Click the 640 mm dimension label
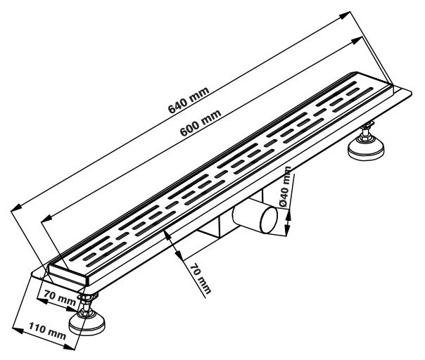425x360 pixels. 189,100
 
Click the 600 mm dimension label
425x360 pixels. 201,123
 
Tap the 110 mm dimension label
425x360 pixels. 47,330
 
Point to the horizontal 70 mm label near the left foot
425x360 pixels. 60,297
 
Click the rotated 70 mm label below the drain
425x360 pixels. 201,279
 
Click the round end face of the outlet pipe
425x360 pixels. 269,219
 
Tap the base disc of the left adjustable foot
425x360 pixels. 87,323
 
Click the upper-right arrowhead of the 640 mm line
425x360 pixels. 345,15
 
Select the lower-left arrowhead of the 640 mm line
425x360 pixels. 16,207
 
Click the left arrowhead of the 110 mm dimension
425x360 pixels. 18,330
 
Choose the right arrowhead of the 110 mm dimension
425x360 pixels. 69,347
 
